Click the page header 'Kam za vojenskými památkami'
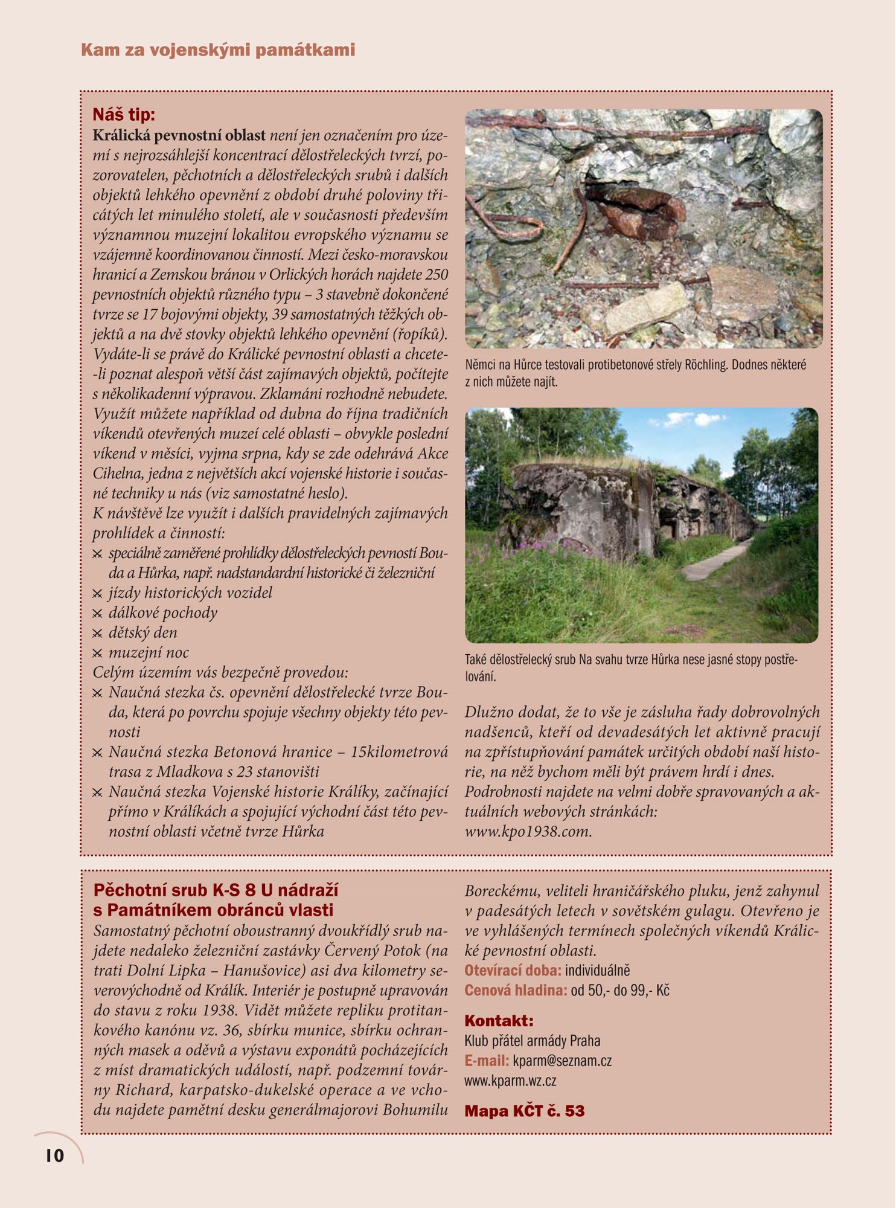(x=218, y=50)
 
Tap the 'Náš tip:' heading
(x=124, y=114)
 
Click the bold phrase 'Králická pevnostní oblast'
(x=179, y=135)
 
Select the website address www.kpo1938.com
(x=528, y=832)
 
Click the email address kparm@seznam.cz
(x=562, y=1061)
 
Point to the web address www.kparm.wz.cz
(x=510, y=1081)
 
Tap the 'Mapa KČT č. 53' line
(x=524, y=1111)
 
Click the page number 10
(x=54, y=1155)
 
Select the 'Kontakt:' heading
(x=499, y=1021)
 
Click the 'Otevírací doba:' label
(x=513, y=971)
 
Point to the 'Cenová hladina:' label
(x=516, y=991)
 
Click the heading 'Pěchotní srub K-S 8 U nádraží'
(x=216, y=890)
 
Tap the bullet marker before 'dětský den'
(x=97, y=634)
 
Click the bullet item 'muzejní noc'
(x=149, y=653)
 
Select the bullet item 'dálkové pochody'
(x=163, y=613)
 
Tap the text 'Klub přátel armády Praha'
(x=532, y=1041)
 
